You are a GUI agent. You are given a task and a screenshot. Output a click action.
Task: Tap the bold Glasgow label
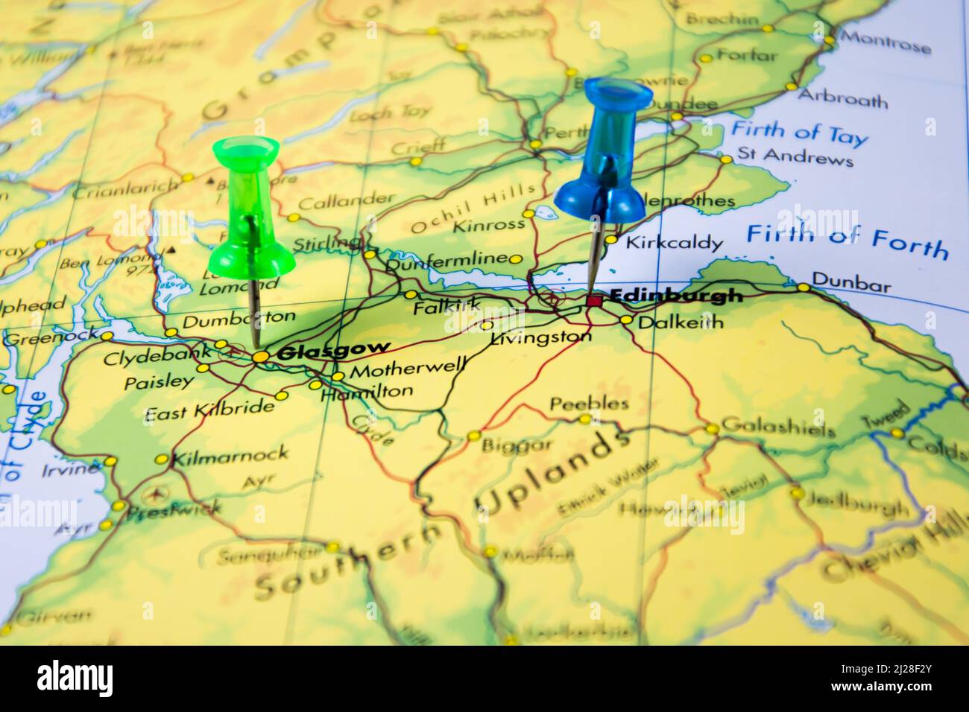tap(332, 350)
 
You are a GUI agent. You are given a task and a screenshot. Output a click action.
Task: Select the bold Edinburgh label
tap(676, 296)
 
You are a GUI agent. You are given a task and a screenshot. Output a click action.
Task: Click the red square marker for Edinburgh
tap(593, 301)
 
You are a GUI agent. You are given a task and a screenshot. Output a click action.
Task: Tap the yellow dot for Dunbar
tap(803, 287)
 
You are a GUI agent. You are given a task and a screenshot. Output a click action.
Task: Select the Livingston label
tap(540, 337)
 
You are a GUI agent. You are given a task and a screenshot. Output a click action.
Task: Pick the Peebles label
tap(589, 404)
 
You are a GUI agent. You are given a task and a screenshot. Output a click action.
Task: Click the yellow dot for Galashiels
tap(713, 429)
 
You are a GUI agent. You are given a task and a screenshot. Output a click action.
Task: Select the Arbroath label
tap(842, 98)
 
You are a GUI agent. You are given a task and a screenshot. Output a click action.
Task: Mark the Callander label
tap(346, 201)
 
